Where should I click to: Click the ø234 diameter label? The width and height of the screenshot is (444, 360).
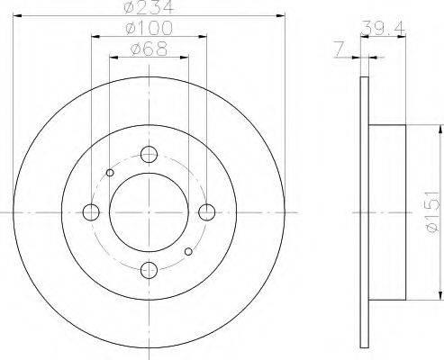coord(149,6)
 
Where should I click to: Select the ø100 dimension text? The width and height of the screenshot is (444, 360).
coord(149,28)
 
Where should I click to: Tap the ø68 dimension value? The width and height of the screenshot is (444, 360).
coord(149,49)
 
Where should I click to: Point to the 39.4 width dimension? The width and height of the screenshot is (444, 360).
coord(383,28)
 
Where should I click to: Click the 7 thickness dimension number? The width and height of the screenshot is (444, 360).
coord(339,49)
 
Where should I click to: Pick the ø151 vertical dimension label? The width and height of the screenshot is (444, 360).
coord(432,212)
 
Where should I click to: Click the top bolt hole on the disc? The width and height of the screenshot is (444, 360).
coord(149,155)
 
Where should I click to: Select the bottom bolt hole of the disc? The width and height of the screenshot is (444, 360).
coord(149,270)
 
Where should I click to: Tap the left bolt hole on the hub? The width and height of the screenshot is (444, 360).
coord(91,212)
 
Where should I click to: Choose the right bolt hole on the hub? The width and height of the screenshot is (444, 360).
coord(207,212)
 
